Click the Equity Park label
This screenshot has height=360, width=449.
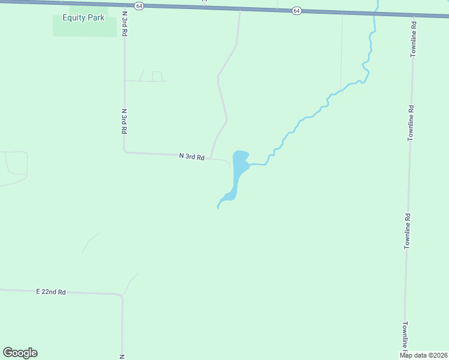83,17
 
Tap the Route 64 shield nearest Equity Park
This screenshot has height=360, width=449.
139,5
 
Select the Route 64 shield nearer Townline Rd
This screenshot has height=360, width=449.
297,11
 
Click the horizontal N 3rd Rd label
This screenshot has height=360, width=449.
192,157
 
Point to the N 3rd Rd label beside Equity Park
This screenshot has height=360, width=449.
124,24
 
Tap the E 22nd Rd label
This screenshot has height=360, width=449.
50,292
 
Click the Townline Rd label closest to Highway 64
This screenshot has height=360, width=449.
414,40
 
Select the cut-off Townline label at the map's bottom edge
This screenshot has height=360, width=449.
406,336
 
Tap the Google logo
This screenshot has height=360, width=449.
20,353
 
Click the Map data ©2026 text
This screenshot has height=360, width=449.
424,355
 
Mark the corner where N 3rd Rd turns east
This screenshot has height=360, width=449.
125,152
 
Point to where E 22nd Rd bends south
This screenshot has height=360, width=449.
122,295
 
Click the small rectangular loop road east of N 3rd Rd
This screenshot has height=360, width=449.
157,76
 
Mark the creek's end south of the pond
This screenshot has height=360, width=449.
217,208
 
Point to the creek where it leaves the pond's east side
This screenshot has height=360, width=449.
250,164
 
